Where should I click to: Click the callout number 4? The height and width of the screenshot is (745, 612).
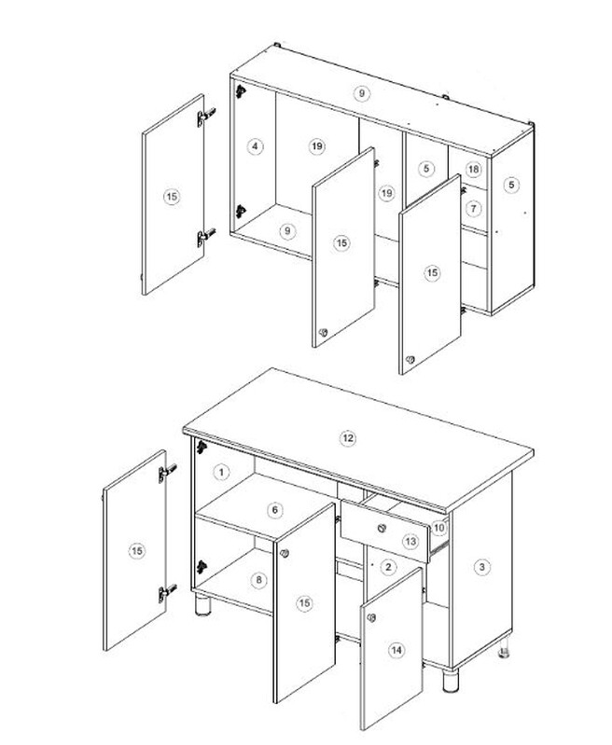[256, 145]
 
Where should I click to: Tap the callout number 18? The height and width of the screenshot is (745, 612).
[473, 169]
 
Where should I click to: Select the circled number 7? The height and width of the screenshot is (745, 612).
[473, 208]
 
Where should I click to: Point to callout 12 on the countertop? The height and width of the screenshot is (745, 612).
[348, 437]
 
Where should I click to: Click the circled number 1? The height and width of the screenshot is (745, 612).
[221, 473]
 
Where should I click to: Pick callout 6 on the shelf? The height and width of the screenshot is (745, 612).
[275, 510]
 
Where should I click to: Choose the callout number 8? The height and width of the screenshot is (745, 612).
[258, 580]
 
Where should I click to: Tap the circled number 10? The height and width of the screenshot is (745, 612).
[438, 528]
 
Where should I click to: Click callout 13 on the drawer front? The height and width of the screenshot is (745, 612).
[410, 541]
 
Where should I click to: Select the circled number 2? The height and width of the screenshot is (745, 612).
[388, 567]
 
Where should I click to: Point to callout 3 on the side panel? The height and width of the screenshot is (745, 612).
[482, 566]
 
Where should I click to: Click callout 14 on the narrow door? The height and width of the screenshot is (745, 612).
[396, 650]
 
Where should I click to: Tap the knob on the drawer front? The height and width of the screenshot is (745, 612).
[382, 528]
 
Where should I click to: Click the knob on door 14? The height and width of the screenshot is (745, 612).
[371, 617]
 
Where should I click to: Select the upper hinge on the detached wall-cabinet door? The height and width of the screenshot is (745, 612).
[206, 117]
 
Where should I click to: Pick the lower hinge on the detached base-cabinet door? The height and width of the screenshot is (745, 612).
[167, 592]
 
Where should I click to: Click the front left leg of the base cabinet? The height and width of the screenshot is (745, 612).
[202, 605]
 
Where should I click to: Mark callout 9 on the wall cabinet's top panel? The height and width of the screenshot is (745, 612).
[361, 93]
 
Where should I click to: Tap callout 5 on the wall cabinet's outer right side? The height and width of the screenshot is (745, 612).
[511, 185]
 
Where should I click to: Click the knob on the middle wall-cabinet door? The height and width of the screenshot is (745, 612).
[324, 333]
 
